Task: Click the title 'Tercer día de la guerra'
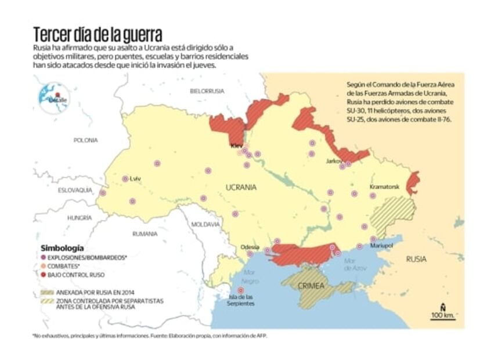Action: point(97,33)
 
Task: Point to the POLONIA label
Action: point(86,140)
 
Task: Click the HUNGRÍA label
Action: point(80,218)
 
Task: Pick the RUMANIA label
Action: point(145,234)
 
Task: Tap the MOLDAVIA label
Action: point(205,224)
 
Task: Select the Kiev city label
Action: point(236,146)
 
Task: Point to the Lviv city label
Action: point(136,179)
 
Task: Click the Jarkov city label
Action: point(334,161)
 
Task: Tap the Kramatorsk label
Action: point(384,187)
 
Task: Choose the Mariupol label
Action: point(381,246)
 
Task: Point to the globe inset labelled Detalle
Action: point(54,96)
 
